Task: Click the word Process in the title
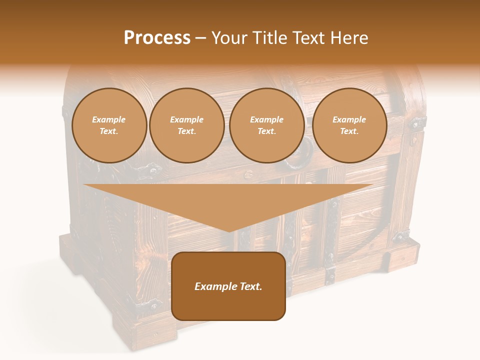157,38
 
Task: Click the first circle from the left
109,125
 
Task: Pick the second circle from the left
187,125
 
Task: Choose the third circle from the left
267,125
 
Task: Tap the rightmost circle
349,125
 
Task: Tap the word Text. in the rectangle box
251,286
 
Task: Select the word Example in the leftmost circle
109,120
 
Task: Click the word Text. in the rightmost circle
349,131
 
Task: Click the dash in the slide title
201,38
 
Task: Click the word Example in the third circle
267,120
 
